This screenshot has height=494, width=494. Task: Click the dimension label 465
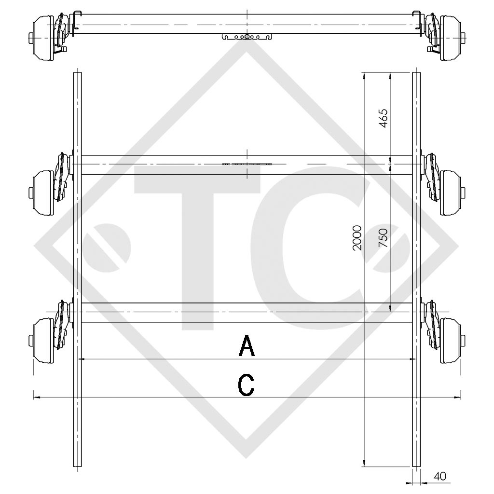(x=384, y=118)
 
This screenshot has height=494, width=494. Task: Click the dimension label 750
(x=384, y=238)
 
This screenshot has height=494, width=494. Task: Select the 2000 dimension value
(x=357, y=237)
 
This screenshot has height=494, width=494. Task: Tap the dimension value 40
(x=440, y=476)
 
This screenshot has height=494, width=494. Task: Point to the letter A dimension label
(x=247, y=346)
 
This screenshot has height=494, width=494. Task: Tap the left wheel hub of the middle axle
(x=44, y=192)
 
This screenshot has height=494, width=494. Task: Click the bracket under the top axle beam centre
(x=247, y=37)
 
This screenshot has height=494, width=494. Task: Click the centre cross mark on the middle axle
(x=247, y=164)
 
